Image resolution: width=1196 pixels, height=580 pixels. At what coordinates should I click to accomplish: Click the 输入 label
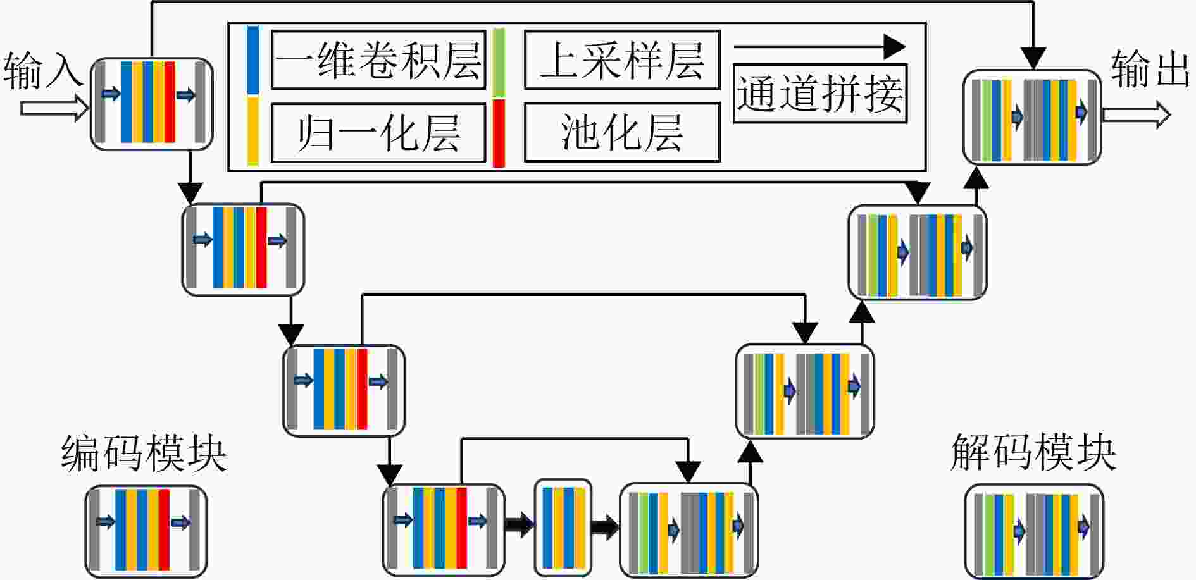(43, 70)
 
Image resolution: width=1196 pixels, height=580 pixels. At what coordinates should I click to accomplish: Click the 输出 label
(1150, 68)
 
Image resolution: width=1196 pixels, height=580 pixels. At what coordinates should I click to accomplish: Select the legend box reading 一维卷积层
(378, 60)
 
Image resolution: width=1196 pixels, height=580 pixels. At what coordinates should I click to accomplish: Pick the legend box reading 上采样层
(622, 60)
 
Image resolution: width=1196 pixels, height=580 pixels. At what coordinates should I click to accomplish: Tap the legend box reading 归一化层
(378, 133)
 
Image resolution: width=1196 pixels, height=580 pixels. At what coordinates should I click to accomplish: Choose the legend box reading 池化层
(622, 132)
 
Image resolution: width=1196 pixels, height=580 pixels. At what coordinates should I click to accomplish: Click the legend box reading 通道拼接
(820, 94)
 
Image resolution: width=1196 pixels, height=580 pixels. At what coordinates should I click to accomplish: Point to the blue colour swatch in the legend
(252, 60)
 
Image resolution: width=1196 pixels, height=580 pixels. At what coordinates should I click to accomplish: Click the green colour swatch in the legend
(499, 63)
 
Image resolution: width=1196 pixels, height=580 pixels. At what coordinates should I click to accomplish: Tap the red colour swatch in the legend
(499, 133)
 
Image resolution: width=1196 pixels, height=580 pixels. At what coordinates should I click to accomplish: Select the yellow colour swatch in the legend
(252, 131)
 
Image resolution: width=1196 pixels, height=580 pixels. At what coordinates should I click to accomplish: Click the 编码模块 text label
(144, 453)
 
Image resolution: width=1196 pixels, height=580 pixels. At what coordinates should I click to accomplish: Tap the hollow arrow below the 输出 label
(1137, 116)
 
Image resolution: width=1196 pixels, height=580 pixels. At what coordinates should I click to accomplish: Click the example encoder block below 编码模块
(146, 531)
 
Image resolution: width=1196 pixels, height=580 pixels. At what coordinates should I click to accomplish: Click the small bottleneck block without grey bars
(563, 528)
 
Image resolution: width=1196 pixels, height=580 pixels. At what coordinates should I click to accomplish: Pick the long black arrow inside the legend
(820, 46)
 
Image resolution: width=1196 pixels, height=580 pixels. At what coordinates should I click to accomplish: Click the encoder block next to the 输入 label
(152, 104)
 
